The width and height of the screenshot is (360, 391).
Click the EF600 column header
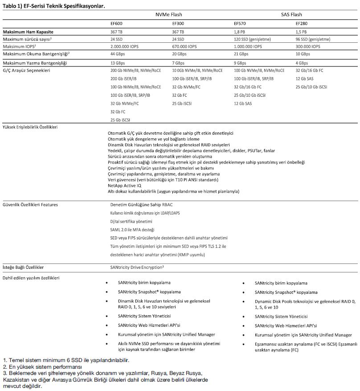117,23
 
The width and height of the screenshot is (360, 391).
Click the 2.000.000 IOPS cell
127,46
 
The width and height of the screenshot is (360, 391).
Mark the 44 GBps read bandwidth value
118,54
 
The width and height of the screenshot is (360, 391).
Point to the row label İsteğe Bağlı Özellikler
23,268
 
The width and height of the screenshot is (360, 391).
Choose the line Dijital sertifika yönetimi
131,222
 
